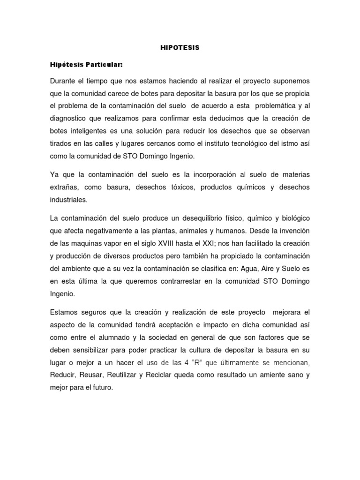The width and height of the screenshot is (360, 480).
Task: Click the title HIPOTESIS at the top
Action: click(180, 48)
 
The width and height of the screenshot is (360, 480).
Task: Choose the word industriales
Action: click(68, 199)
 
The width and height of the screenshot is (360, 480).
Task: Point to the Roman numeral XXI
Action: click(232, 244)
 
